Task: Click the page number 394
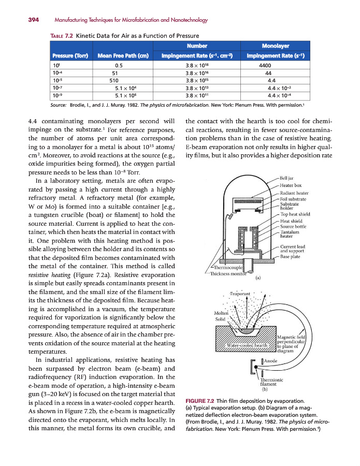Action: (34, 20)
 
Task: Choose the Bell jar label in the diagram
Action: (287, 178)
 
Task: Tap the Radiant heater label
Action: (294, 193)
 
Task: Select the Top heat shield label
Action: (295, 214)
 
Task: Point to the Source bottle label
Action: (293, 226)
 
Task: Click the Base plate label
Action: (291, 256)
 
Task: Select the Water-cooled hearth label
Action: (248, 345)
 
